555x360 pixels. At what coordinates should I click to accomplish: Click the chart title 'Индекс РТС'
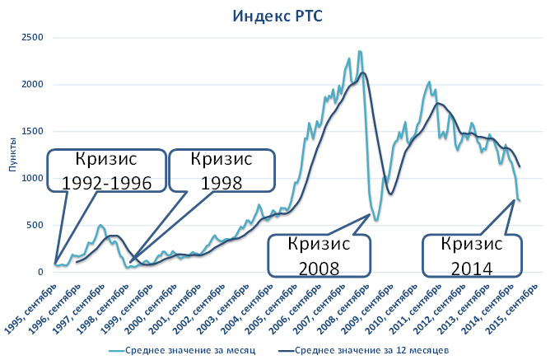pos(277,15)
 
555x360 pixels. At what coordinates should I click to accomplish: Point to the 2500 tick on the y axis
pos(32,37)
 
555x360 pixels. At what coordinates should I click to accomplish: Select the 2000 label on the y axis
pos(32,84)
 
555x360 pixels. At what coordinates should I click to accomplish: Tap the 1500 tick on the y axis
pos(32,131)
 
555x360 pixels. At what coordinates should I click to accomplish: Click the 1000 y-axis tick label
pos(32,178)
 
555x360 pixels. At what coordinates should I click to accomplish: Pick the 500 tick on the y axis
pos(35,225)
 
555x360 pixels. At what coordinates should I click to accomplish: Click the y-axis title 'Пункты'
pos(12,155)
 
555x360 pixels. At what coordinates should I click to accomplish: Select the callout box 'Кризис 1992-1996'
pos(101,171)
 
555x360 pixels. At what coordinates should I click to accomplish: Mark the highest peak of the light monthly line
pos(360,51)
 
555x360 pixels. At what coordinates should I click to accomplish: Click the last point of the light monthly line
pos(520,200)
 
